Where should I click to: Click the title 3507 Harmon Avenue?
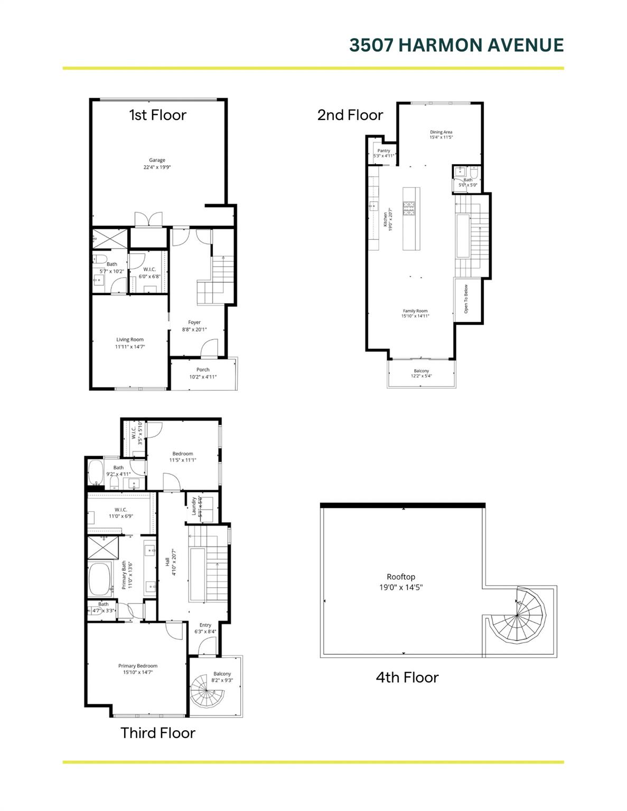point(456,45)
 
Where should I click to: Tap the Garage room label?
point(157,160)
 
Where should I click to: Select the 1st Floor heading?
point(157,115)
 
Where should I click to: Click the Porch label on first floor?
point(203,370)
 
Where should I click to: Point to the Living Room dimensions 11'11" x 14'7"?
point(130,347)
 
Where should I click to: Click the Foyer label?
point(194,322)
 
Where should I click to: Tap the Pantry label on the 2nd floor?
point(383,151)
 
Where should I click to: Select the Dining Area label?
point(441,132)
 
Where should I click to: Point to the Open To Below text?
point(466,299)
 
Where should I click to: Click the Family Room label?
point(415,311)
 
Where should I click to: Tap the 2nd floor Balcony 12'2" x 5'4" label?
point(421,373)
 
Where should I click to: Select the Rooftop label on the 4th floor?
point(401,577)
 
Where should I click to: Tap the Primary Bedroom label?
point(138,666)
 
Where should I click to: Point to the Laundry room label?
point(194,506)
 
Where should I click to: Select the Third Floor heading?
point(157,733)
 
